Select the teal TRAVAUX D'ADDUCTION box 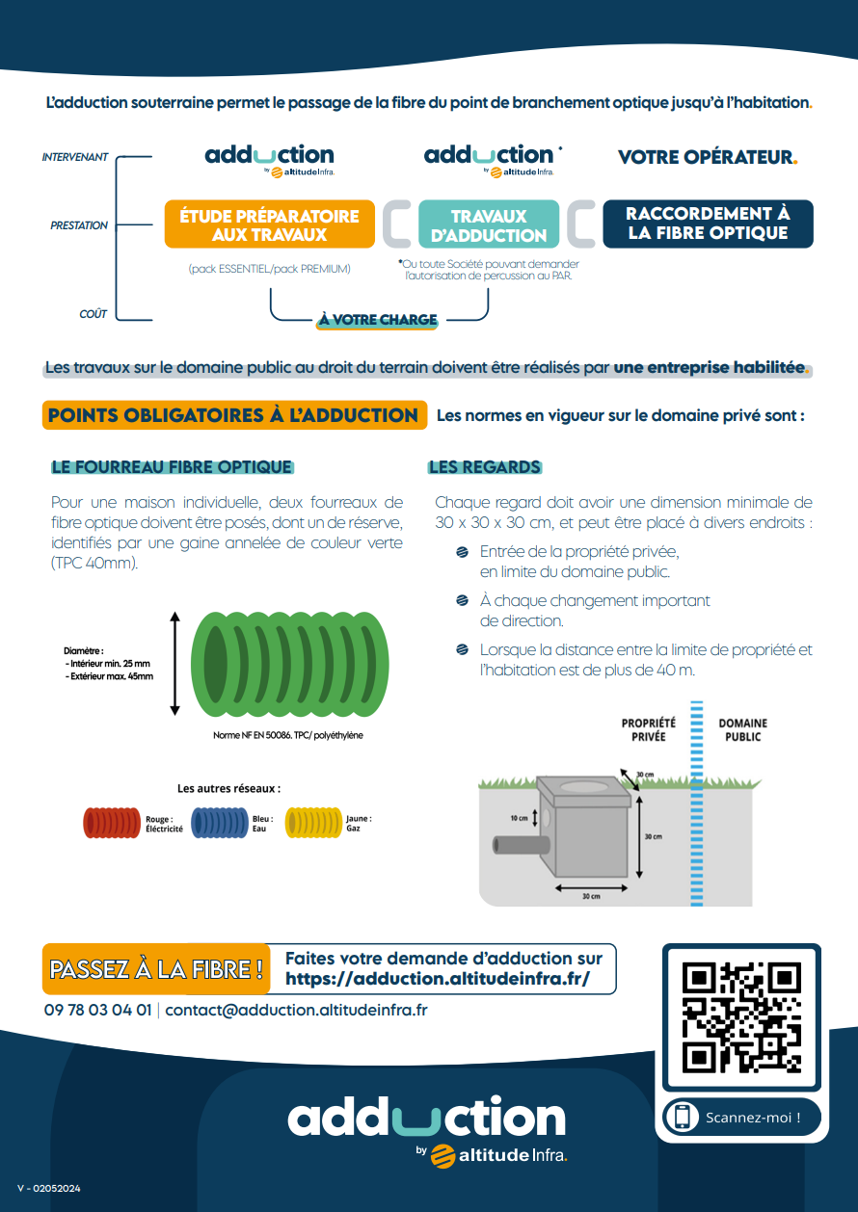pos(489,225)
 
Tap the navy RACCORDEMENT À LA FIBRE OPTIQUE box pos(708,224)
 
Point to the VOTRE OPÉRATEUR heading pos(707,157)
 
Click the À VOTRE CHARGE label pos(378,320)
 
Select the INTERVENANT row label pos(75,157)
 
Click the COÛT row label pos(94,314)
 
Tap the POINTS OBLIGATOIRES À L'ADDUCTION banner pos(233,415)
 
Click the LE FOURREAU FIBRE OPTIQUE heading pos(172,467)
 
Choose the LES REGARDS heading pos(485,467)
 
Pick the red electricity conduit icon pos(113,822)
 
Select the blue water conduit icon pos(220,822)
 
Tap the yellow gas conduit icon pos(314,822)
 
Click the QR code pos(741,1017)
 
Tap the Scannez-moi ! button pos(741,1118)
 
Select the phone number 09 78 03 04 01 pos(97,1011)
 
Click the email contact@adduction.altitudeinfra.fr pos(296,1011)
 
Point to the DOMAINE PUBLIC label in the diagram pos(742,729)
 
